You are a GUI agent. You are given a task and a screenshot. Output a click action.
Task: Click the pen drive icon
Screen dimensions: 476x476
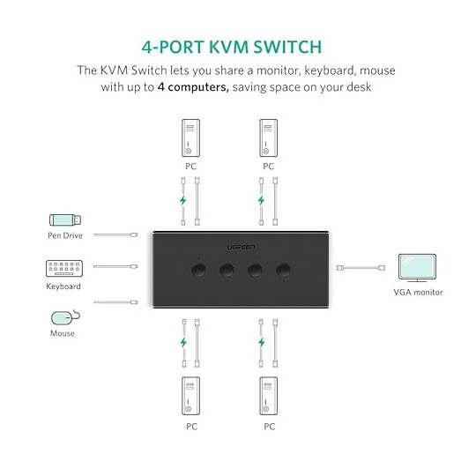click(64, 219)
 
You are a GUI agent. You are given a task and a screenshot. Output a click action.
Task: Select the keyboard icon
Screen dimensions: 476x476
click(63, 269)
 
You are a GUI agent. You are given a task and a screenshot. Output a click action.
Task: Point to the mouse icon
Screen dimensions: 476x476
click(63, 316)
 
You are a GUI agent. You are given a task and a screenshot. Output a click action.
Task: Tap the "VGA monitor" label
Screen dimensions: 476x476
click(418, 293)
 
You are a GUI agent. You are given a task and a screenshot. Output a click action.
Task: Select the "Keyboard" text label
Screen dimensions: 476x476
click(63, 286)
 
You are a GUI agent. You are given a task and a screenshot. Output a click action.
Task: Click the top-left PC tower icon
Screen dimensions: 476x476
click(191, 138)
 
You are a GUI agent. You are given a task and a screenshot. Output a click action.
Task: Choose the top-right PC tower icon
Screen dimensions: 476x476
click(269, 138)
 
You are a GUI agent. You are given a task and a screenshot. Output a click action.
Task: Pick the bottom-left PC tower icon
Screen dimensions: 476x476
click(191, 396)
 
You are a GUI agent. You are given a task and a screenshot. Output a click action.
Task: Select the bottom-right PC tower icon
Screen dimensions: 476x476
click(269, 396)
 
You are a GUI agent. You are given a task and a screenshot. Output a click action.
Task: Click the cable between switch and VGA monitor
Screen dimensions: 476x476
click(362, 266)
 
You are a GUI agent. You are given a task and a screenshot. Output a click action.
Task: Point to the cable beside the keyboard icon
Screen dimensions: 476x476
click(115, 266)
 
